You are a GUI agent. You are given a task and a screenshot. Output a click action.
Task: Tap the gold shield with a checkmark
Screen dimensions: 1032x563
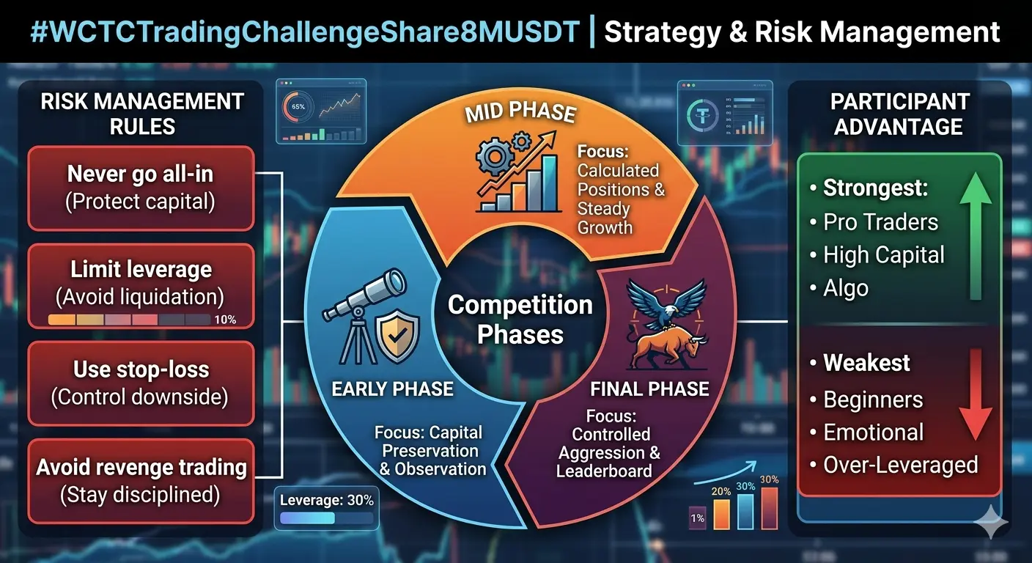tap(397, 336)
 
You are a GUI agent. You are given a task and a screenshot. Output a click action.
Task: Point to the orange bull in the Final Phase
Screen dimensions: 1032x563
tap(668, 348)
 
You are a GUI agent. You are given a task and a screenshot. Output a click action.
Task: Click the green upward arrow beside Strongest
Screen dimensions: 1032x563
tap(976, 236)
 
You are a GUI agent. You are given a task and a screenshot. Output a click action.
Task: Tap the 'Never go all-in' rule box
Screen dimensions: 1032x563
tap(141, 188)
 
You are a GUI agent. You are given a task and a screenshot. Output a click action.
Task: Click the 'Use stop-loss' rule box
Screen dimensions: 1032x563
tap(141, 383)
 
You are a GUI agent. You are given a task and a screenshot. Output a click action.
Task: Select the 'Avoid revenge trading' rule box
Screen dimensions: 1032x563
tap(141, 481)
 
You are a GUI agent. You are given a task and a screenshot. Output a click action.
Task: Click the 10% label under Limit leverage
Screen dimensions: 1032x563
tap(225, 320)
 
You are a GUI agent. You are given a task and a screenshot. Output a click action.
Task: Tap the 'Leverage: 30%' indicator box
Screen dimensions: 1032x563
tap(327, 508)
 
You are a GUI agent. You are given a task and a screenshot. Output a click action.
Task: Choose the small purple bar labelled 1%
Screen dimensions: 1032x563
tap(698, 518)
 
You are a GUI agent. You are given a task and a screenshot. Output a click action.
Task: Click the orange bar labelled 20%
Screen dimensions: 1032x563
tap(721, 514)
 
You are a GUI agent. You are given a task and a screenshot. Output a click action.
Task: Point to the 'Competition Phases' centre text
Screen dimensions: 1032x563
tap(520, 320)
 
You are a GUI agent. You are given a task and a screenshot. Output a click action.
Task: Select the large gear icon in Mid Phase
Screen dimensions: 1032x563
tap(495, 157)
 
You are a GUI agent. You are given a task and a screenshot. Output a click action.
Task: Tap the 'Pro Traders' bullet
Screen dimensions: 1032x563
tap(874, 222)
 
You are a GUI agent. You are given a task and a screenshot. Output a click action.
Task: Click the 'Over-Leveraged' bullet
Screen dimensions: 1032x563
tap(893, 466)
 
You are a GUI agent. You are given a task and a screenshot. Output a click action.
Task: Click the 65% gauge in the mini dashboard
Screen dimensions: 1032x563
tap(298, 107)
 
